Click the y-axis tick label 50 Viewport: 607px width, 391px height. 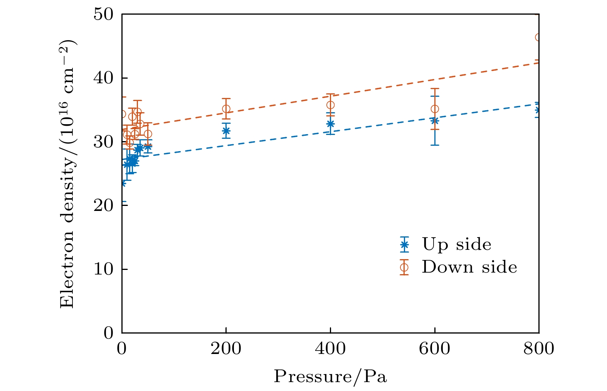103,14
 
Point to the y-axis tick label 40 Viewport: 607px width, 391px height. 103,78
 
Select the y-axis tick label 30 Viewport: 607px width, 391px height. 103,142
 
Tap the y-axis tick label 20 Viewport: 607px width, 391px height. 103,206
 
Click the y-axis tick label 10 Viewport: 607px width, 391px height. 103,269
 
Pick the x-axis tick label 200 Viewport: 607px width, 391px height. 226,349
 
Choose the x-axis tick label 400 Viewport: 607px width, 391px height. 330,349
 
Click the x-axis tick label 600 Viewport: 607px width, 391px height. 435,349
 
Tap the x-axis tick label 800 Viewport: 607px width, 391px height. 539,349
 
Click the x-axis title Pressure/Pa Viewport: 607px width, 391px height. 330,377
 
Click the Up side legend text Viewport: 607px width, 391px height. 457,244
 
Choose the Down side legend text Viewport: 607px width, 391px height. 469,267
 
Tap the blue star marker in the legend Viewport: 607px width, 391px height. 404,244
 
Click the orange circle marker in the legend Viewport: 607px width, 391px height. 404,267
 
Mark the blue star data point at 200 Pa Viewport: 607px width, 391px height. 226,131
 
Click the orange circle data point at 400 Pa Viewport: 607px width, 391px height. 330,105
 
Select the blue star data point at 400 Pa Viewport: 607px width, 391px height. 330,124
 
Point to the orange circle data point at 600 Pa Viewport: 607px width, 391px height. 435,109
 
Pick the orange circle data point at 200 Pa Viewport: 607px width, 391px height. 226,109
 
